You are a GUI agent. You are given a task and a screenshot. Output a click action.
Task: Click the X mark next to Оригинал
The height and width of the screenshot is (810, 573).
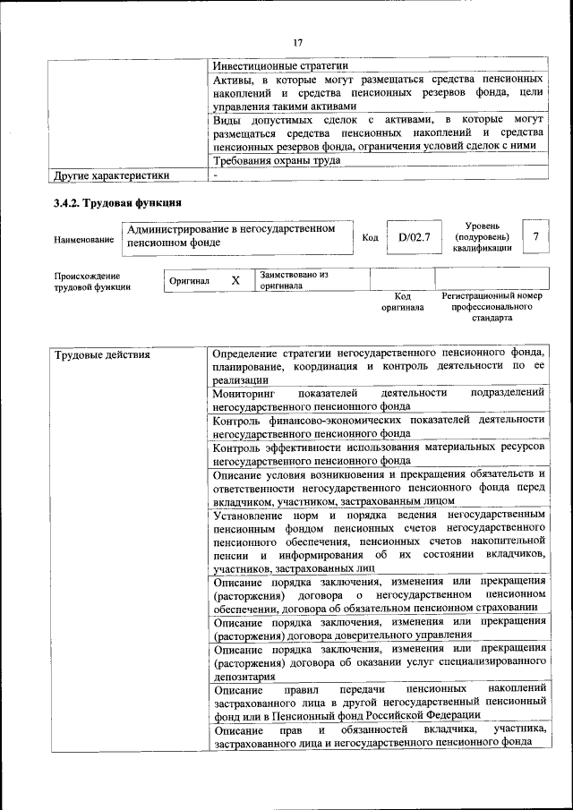[235, 280]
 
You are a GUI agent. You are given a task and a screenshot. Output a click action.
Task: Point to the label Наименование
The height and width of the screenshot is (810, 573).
[83, 239]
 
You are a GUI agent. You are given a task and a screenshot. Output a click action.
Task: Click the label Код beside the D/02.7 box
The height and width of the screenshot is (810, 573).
[370, 237]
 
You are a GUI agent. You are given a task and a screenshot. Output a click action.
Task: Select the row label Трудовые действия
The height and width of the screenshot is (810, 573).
[102, 355]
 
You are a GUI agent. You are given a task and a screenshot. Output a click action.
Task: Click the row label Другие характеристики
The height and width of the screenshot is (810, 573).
[111, 175]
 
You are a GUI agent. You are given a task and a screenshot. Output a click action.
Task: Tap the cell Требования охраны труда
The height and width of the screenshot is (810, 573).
[276, 160]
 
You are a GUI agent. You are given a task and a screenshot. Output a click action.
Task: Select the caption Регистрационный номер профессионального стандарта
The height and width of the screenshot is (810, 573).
[492, 306]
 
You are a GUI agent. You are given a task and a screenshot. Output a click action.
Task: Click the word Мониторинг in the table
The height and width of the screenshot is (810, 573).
[244, 392]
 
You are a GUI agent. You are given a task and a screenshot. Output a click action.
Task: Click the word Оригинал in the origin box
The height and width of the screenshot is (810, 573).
[190, 281]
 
